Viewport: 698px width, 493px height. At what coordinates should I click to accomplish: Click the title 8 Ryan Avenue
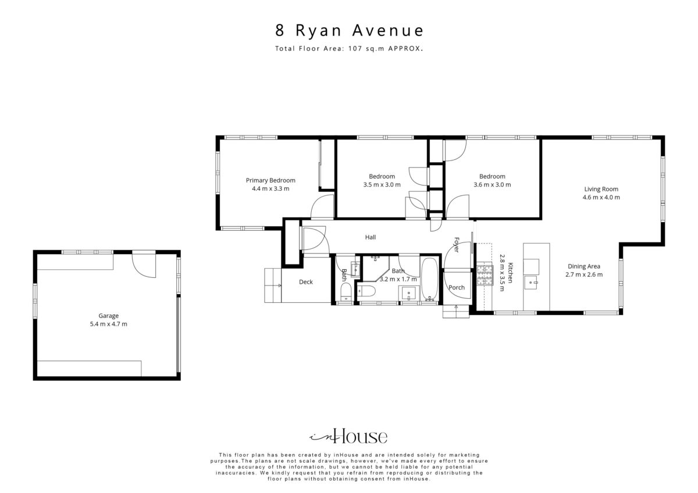point(349,30)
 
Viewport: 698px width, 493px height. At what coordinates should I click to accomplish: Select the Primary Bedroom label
point(270,180)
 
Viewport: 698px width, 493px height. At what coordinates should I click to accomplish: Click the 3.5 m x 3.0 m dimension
point(382,185)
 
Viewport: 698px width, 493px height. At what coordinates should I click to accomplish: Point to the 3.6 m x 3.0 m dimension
point(492,185)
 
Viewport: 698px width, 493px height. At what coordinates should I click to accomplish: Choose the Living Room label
point(601,189)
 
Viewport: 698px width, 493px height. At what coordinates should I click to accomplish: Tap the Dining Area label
point(583,266)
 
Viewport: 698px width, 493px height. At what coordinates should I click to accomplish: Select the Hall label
point(370,237)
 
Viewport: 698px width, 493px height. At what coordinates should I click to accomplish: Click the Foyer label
point(457,245)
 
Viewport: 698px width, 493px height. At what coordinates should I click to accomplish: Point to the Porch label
point(457,287)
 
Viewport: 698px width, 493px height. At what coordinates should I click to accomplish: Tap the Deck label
point(306,282)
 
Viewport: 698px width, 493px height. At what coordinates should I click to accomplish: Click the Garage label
point(108,316)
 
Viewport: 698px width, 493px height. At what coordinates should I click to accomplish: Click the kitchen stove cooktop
point(485,276)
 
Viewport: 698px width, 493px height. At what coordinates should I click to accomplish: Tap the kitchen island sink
point(530,283)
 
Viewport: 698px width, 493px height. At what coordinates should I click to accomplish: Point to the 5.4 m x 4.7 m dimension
point(108,324)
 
